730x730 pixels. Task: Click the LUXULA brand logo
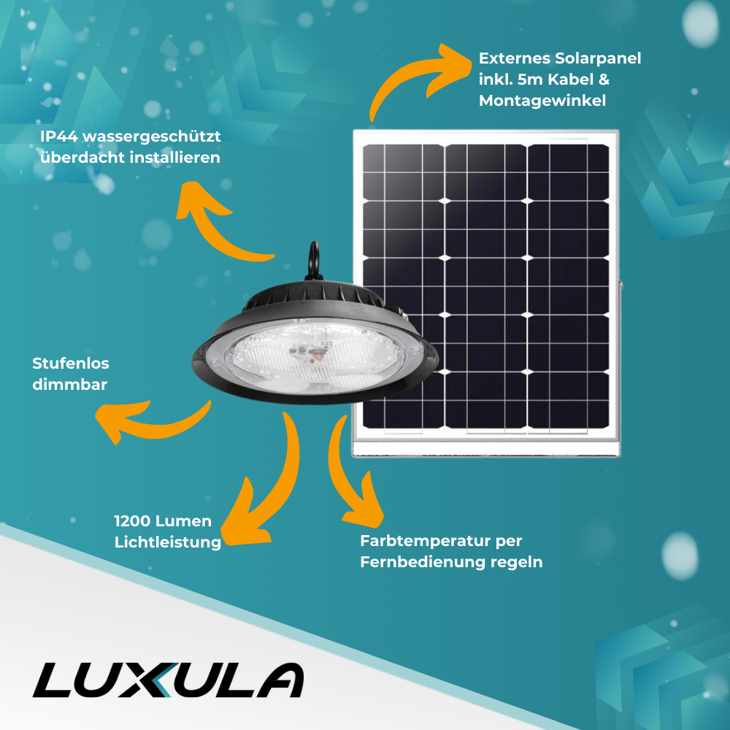point(168,680)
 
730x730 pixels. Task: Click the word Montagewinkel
point(542,101)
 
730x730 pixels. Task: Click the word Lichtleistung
point(168,542)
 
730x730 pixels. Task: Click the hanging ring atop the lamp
point(315,255)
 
